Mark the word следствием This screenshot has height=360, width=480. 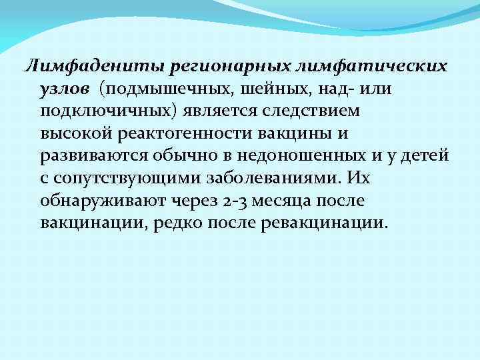coord(303,111)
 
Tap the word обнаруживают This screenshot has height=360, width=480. coord(94,199)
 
